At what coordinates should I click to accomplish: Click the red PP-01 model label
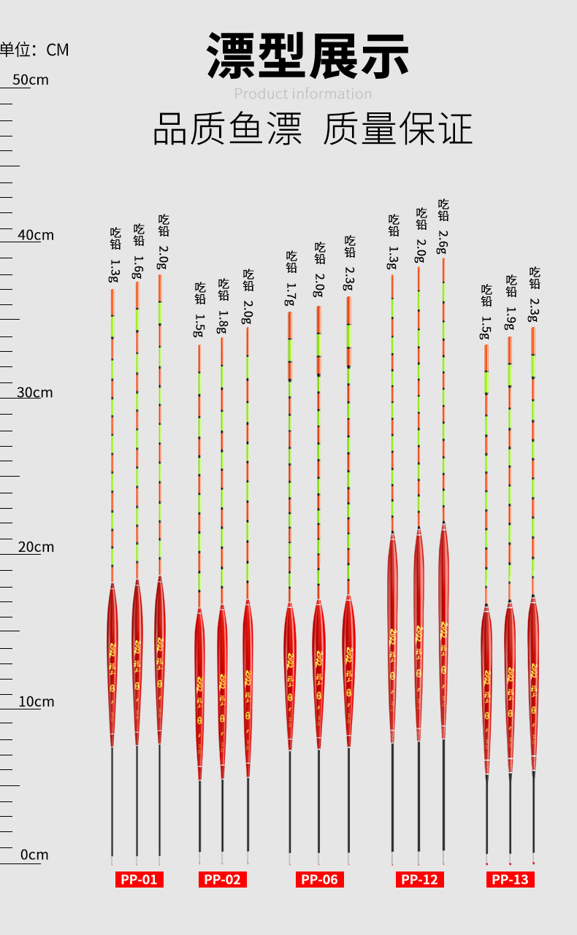click(x=139, y=880)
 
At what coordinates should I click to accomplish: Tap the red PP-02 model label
click(x=222, y=880)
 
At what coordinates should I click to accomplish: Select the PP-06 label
click(x=320, y=880)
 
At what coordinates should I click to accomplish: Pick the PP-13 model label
click(x=510, y=880)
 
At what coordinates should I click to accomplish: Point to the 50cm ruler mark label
click(x=31, y=80)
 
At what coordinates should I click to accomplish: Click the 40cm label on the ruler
click(x=36, y=235)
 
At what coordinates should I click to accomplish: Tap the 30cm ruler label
click(x=35, y=392)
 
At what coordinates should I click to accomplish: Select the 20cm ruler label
click(x=36, y=547)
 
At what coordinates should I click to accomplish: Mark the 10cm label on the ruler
click(x=36, y=701)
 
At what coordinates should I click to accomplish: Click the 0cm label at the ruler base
click(x=34, y=855)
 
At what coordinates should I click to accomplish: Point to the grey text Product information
click(x=303, y=94)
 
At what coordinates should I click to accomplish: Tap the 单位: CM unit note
click(x=34, y=50)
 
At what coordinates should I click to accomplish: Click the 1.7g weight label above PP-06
click(x=291, y=294)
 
